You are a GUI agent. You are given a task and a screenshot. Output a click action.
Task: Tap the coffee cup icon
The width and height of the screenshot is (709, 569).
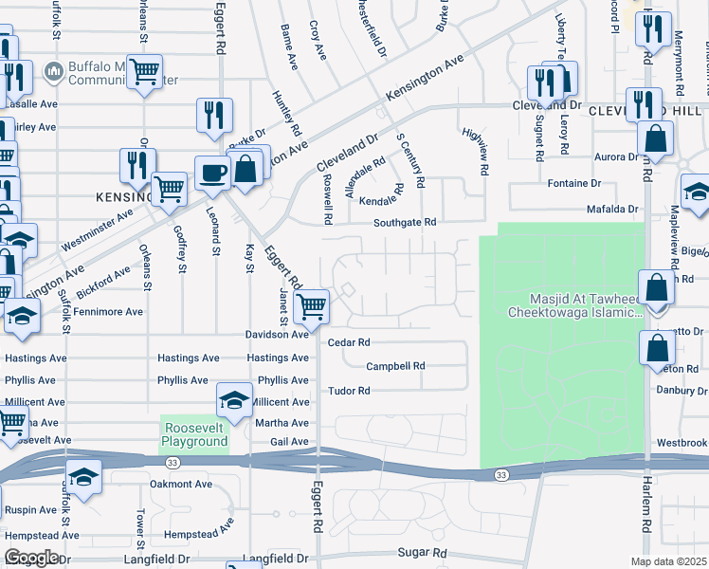click(x=212, y=173)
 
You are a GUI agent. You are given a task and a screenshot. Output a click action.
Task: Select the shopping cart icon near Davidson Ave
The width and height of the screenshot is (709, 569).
click(x=311, y=305)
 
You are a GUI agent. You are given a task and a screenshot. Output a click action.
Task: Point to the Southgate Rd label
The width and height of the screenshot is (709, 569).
click(x=404, y=222)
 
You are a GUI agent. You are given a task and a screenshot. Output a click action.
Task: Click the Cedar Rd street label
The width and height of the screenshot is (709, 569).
click(x=349, y=342)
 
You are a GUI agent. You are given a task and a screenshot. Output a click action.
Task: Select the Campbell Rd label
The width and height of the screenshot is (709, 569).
click(x=395, y=365)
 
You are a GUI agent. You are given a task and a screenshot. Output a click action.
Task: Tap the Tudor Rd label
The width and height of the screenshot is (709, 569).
click(x=348, y=391)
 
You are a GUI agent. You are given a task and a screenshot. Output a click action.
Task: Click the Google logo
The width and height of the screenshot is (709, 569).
click(x=31, y=558)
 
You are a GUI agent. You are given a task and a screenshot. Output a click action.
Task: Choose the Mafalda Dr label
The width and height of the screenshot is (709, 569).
click(x=613, y=208)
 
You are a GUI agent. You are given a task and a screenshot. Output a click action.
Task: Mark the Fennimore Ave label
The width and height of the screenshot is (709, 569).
click(x=110, y=311)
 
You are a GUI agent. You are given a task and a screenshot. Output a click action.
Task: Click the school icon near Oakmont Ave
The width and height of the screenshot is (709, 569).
click(x=83, y=479)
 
